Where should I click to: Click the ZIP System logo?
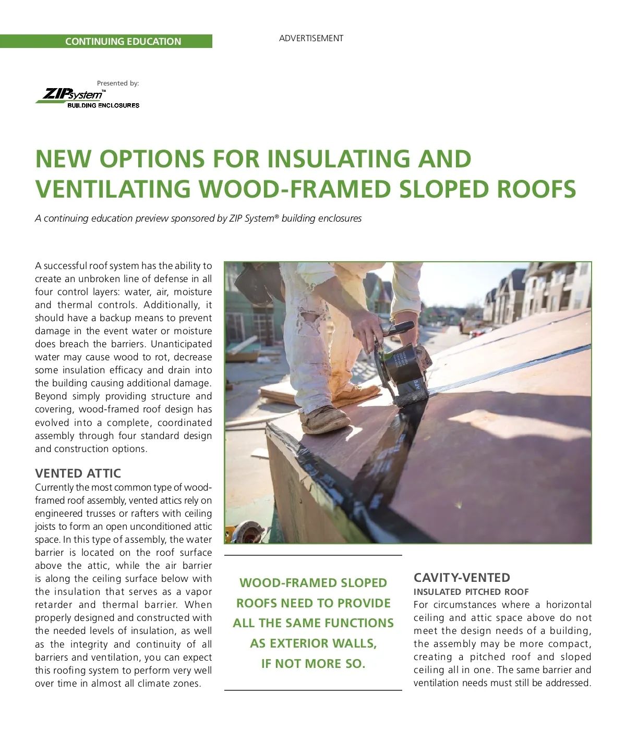point(88,97)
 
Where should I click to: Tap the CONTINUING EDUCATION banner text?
point(123,42)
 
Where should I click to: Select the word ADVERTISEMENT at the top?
point(311,38)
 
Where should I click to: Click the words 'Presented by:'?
point(118,83)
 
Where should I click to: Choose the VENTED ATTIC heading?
point(78,473)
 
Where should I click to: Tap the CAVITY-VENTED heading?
point(462,578)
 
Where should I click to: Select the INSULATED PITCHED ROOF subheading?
point(471,592)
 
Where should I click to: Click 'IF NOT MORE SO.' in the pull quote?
point(313,664)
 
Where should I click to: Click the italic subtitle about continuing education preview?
point(198,218)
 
